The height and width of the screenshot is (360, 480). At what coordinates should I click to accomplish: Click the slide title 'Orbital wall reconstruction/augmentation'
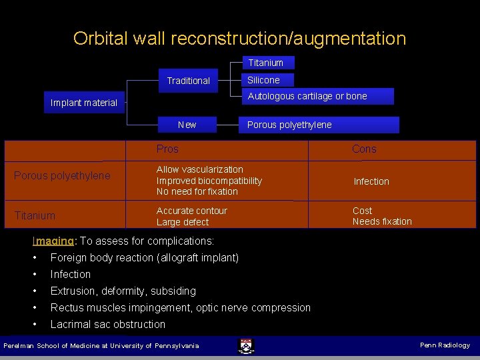tap(239, 38)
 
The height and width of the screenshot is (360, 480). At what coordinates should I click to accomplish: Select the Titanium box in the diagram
tap(266, 63)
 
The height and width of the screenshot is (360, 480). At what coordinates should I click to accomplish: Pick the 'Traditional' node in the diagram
tap(188, 81)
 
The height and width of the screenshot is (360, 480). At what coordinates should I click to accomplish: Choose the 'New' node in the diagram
tap(187, 125)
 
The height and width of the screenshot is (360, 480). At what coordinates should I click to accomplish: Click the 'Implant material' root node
tap(84, 103)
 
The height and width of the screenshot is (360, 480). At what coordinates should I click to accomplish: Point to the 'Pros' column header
tap(167, 149)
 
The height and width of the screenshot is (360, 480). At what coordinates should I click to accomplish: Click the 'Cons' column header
tap(364, 149)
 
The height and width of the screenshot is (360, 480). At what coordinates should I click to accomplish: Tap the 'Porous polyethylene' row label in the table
tap(62, 176)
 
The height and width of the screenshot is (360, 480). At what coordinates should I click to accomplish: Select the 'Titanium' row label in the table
tap(35, 215)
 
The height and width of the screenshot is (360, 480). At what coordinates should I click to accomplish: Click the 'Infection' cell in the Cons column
tap(371, 181)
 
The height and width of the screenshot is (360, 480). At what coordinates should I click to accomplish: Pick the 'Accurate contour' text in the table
tap(192, 211)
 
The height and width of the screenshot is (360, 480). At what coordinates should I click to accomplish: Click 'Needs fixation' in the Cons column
tap(382, 221)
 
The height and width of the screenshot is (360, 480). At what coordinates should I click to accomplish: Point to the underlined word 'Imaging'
tap(55, 241)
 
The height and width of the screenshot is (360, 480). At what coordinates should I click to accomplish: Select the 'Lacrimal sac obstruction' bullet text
tap(108, 324)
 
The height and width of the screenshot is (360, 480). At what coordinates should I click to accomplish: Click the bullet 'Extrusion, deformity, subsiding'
tap(123, 291)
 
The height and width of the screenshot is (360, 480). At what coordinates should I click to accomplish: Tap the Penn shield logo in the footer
tap(246, 345)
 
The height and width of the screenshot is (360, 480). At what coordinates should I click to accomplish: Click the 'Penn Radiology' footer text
tap(445, 345)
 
